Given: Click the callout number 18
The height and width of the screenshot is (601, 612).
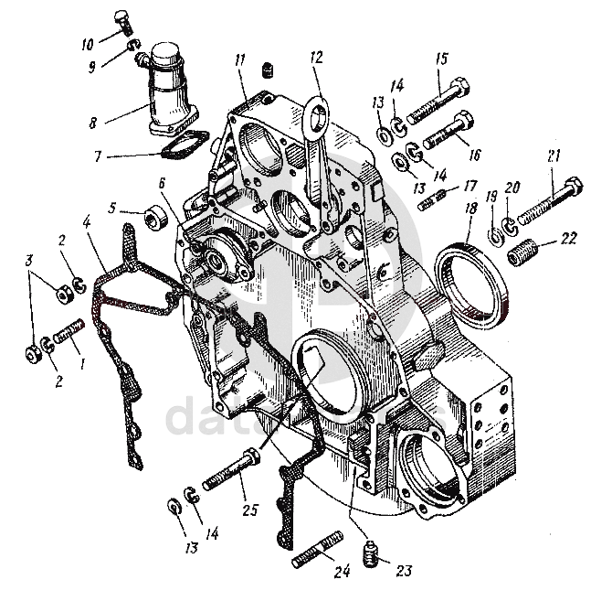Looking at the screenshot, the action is point(470,209).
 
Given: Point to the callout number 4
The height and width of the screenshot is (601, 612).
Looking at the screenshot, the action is point(86,221).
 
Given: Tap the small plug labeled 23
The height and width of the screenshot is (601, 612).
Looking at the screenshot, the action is point(369,553).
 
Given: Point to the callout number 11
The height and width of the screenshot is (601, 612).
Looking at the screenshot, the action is point(240,60).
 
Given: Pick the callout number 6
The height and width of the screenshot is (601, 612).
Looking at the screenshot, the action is point(162,183).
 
